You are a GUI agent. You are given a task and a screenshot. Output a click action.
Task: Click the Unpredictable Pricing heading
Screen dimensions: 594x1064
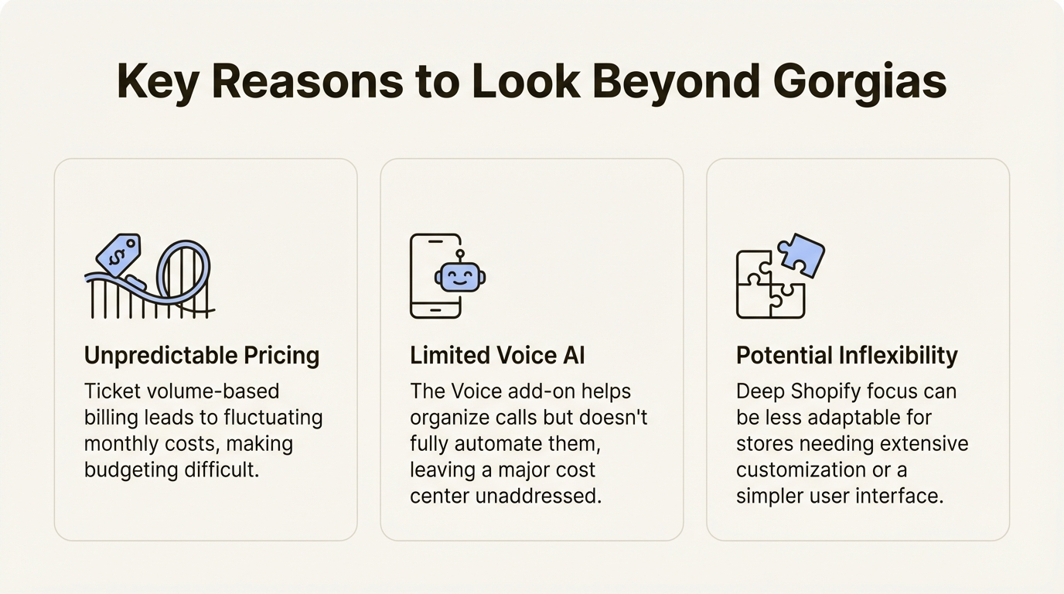[x=201, y=356]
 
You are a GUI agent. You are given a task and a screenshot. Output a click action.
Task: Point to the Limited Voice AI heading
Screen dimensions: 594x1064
[x=497, y=356]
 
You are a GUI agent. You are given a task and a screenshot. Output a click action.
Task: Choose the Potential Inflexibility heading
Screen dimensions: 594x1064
[x=847, y=356]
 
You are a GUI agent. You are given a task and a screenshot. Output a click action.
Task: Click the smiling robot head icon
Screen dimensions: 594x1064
[x=459, y=277]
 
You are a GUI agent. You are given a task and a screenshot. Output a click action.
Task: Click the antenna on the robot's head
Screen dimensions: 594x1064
[x=459, y=255]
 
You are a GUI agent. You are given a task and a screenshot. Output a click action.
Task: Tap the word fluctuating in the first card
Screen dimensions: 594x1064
[x=273, y=418]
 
